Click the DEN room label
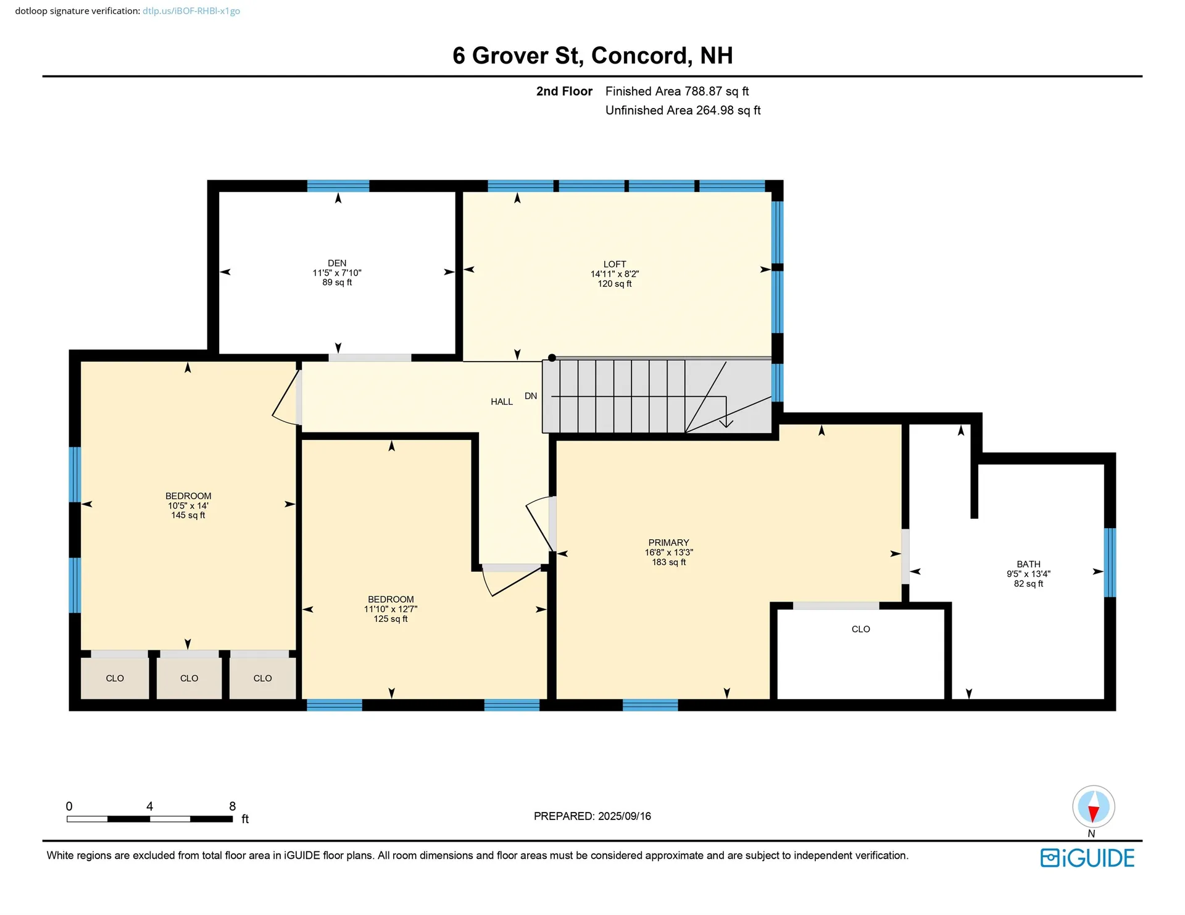337,263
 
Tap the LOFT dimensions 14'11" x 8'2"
614,274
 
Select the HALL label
501,402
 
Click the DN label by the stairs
531,396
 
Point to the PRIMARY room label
668,543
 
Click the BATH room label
1028,564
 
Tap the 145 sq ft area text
188,515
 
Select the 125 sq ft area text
391,619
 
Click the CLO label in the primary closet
860,629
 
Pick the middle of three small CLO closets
189,678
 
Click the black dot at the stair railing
552,358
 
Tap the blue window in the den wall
338,186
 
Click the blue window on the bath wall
1109,562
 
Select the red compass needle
1093,814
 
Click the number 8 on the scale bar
233,806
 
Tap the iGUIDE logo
1087,858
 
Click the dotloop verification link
191,11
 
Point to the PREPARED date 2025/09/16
592,816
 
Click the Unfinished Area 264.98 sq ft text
683,110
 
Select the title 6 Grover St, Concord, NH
592,56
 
